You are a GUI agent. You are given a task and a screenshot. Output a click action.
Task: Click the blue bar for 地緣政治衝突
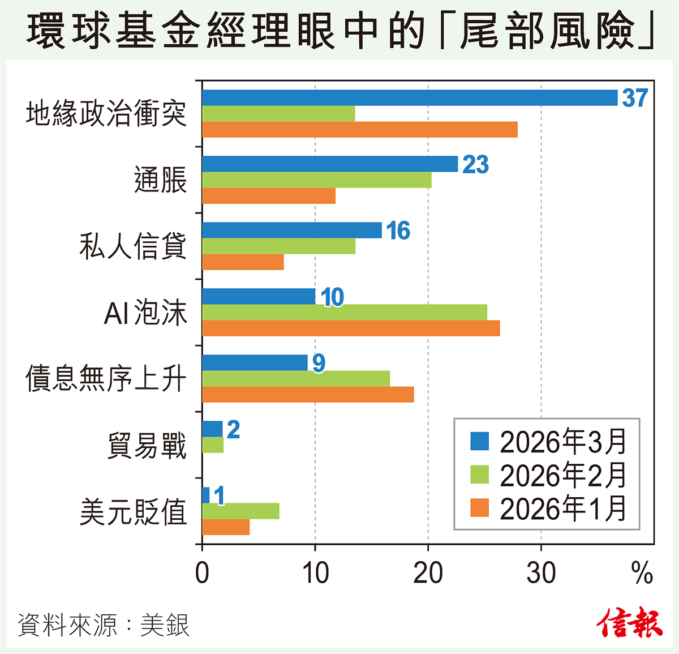pyautogui.click(x=410, y=98)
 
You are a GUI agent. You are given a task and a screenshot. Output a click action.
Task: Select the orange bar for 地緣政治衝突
pyautogui.click(x=360, y=130)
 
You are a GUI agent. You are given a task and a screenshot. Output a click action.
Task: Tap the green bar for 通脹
pyautogui.click(x=317, y=180)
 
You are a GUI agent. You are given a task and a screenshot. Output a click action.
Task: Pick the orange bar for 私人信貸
pyautogui.click(x=243, y=262)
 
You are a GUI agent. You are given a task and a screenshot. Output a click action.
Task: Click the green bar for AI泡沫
pyautogui.click(x=345, y=313)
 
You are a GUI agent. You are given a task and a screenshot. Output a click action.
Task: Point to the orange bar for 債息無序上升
pyautogui.click(x=308, y=395)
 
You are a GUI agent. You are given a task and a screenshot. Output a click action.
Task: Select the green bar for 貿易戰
pyautogui.click(x=213, y=446)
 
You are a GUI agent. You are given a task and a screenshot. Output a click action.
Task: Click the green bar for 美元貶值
pyautogui.click(x=240, y=511)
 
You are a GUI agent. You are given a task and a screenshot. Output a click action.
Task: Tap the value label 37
pyautogui.click(x=634, y=98)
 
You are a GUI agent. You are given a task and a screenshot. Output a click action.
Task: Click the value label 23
pyautogui.click(x=475, y=164)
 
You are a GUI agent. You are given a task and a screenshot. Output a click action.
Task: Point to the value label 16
pyautogui.click(x=398, y=230)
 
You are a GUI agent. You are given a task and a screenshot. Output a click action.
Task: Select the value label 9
pyautogui.click(x=319, y=363)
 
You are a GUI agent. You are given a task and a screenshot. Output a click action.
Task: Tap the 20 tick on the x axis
pyautogui.click(x=428, y=573)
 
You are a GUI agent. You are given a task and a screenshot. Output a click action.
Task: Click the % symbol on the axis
pyautogui.click(x=642, y=573)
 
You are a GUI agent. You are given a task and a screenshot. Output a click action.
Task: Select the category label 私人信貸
pyautogui.click(x=133, y=246)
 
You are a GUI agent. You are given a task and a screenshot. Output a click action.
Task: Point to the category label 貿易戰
pyautogui.click(x=147, y=446)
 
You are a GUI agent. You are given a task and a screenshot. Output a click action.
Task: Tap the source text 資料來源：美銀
pyautogui.click(x=104, y=625)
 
